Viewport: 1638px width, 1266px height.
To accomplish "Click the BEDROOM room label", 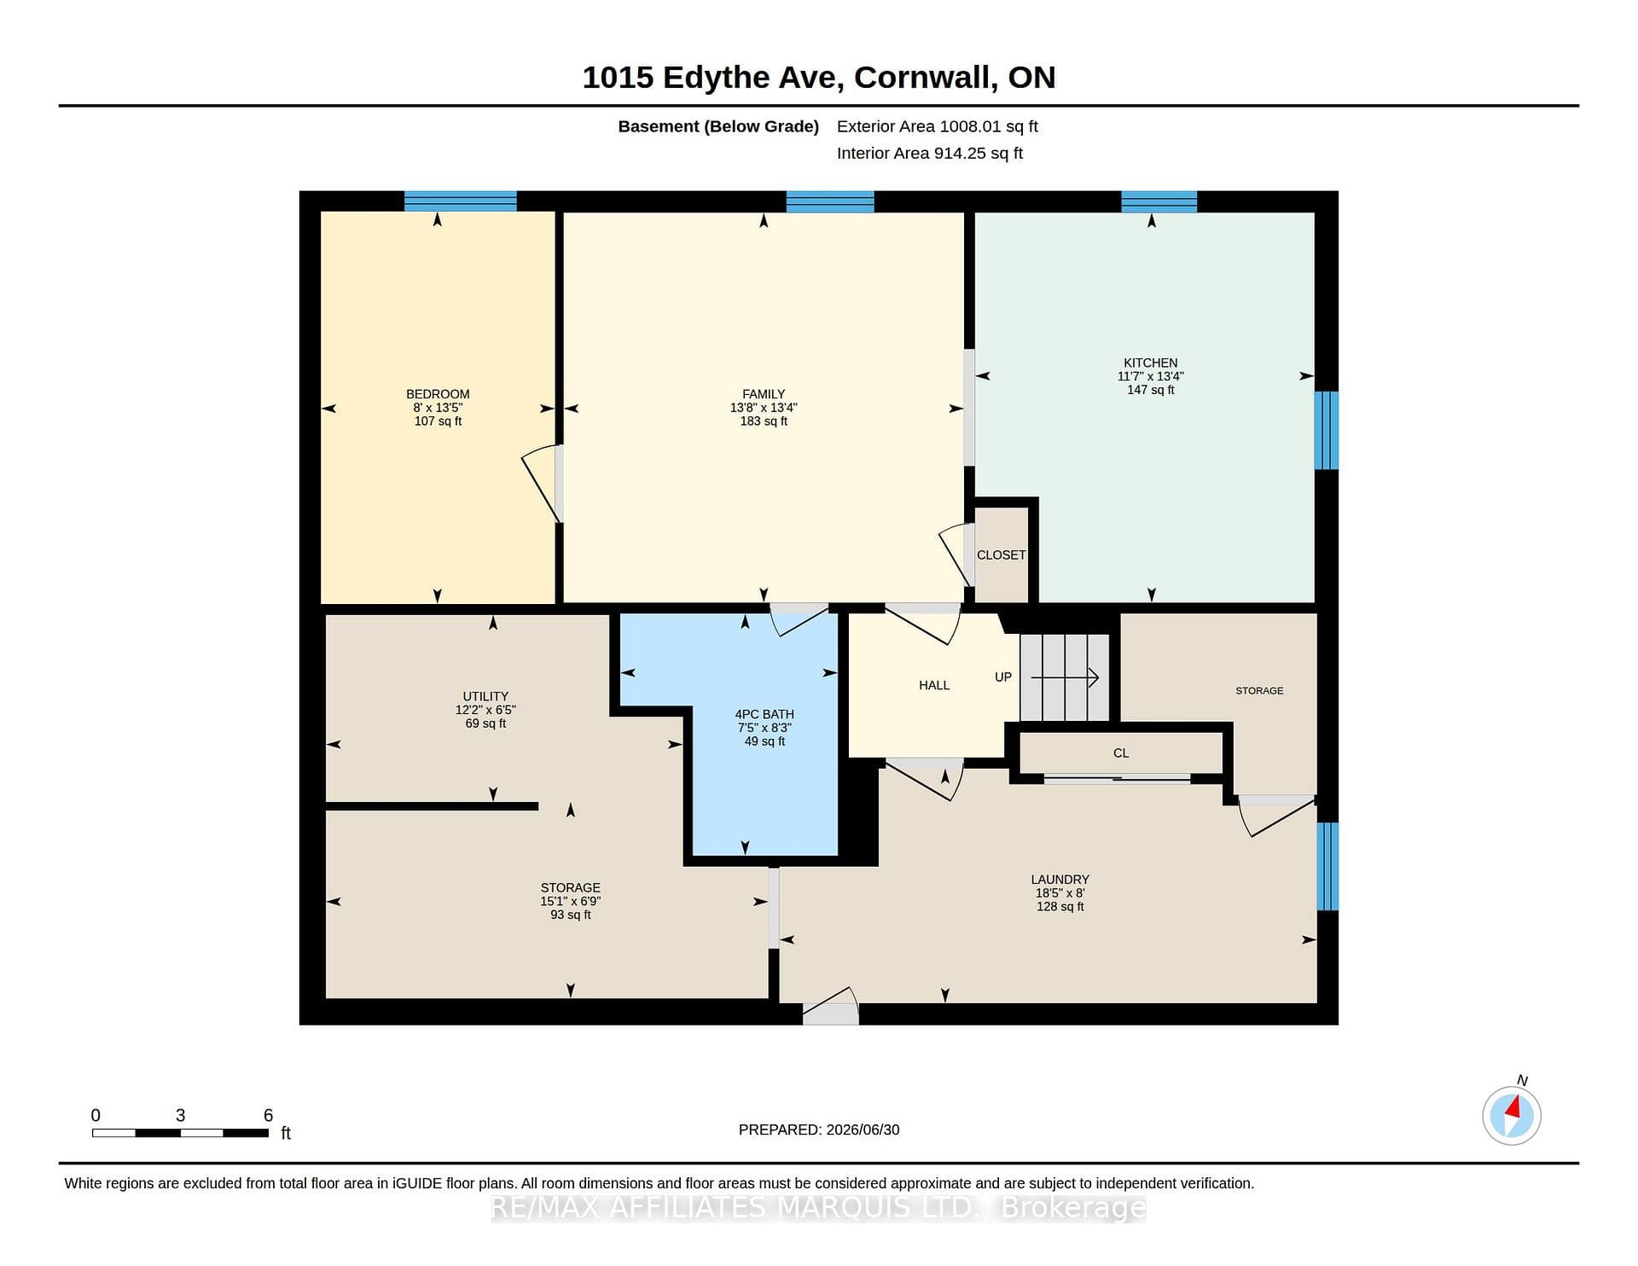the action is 438,394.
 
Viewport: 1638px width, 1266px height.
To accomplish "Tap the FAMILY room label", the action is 764,394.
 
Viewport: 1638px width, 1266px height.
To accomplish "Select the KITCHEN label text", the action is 1151,363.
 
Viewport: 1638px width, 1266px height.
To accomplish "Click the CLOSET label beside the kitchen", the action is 1002,555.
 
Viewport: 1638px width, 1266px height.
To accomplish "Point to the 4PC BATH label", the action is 764,714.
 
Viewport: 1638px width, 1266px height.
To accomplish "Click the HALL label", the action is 934,685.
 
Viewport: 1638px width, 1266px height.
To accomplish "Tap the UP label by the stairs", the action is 1003,677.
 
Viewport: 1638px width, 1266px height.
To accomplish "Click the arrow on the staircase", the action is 1065,678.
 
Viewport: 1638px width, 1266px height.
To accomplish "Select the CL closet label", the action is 1121,753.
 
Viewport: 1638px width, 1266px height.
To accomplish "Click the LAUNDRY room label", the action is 1060,880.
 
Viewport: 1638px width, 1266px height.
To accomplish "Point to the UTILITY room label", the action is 485,696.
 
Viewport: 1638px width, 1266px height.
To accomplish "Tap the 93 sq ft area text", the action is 571,915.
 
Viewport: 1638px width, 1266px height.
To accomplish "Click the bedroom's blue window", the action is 460,201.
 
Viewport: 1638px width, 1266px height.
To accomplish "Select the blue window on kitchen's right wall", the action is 1327,430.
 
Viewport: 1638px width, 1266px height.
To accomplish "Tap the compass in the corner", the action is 1512,1115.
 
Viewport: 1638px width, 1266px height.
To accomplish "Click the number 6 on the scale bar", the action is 268,1115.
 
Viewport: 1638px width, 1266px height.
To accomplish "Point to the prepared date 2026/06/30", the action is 863,1130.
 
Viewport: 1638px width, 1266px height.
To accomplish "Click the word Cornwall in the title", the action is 926,78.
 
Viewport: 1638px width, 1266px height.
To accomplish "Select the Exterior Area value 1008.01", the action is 970,126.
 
